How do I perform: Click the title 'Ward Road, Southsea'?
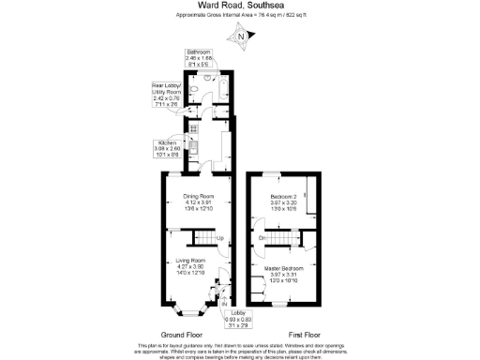point(239,6)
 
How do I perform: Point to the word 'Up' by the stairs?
point(220,239)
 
